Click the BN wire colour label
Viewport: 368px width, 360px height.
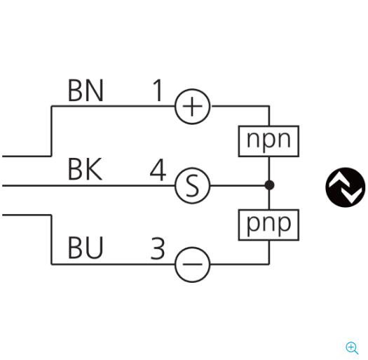point(86,91)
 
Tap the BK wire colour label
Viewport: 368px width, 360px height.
point(86,169)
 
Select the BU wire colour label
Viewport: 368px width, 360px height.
point(86,248)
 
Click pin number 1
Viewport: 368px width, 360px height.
point(158,91)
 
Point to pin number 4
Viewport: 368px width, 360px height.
point(158,170)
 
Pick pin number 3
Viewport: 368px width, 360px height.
point(158,248)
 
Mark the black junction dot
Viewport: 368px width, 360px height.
point(269,185)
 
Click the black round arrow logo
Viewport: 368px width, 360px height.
point(346,187)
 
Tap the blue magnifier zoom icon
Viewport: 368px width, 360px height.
point(352,348)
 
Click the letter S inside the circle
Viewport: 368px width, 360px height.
point(192,186)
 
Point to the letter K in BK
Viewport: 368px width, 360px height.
point(94,169)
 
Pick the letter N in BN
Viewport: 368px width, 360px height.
point(95,91)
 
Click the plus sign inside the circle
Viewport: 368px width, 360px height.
point(192,107)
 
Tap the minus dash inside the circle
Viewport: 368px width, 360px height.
point(192,265)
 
